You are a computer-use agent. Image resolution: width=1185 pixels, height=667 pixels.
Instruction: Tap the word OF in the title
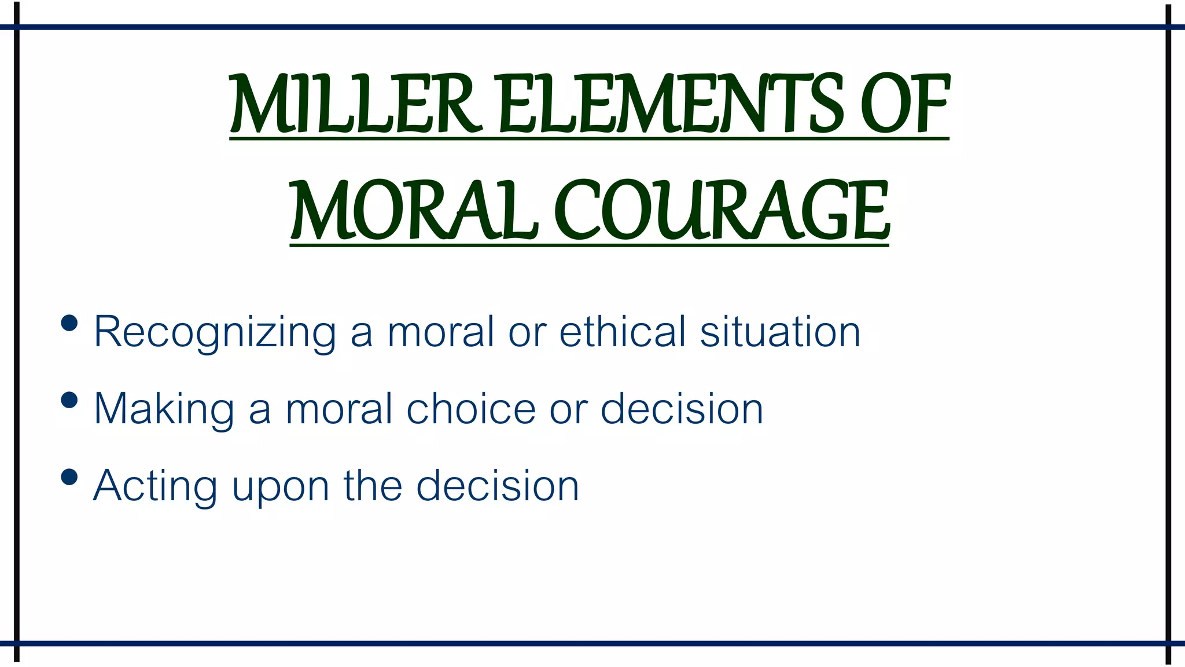pyautogui.click(x=905, y=104)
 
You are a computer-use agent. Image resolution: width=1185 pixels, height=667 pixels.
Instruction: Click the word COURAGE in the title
pyautogui.click(x=721, y=211)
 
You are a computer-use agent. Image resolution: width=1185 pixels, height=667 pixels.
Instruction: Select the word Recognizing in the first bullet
pyautogui.click(x=215, y=332)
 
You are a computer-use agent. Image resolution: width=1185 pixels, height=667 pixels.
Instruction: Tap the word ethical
pyautogui.click(x=623, y=331)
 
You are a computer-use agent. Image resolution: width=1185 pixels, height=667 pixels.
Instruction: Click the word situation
pyautogui.click(x=780, y=331)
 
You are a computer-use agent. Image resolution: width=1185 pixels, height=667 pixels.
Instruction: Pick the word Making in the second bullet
pyautogui.click(x=164, y=409)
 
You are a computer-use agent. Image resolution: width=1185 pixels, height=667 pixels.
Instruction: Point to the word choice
pyautogui.click(x=471, y=409)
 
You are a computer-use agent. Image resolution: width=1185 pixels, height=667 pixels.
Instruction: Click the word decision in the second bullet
pyautogui.click(x=682, y=409)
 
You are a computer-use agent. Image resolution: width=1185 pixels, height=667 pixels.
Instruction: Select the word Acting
pyautogui.click(x=155, y=486)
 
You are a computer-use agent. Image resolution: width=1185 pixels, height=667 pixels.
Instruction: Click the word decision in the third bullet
pyautogui.click(x=498, y=486)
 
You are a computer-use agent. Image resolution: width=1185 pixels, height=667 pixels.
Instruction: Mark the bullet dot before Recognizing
pyautogui.click(x=69, y=323)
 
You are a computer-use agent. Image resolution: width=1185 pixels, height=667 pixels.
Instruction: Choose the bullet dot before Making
pyautogui.click(x=69, y=400)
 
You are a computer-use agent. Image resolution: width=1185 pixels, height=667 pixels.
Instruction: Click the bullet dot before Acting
pyautogui.click(x=69, y=477)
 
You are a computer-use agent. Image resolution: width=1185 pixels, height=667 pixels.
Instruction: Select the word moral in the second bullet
pyautogui.click(x=339, y=409)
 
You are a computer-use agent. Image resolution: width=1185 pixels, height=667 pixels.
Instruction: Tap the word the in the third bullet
pyautogui.click(x=373, y=486)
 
